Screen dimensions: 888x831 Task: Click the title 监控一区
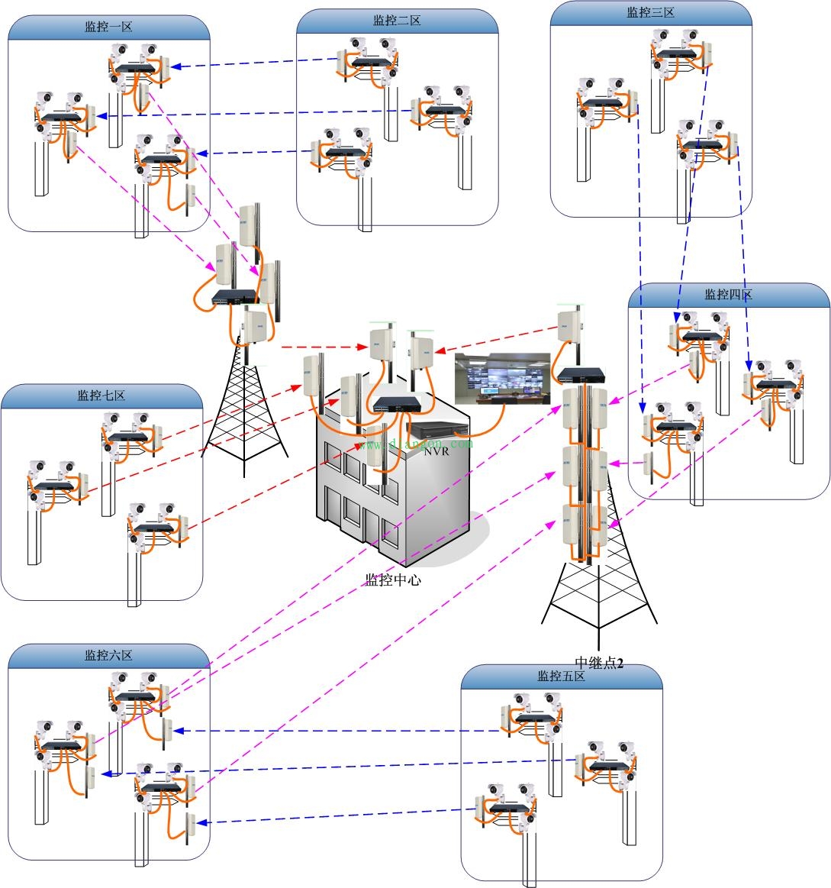click(108, 27)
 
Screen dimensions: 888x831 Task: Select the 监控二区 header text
click(397, 21)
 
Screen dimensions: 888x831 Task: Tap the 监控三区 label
click(650, 12)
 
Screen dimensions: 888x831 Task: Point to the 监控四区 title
click(728, 295)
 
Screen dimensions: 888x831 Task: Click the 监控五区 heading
click(561, 676)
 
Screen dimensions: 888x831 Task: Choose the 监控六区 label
click(108, 655)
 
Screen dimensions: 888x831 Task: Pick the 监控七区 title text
click(101, 396)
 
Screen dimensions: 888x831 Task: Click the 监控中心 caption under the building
click(393, 580)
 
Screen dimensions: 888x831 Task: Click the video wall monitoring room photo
click(502, 378)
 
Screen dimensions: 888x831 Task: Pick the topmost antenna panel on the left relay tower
click(249, 224)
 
